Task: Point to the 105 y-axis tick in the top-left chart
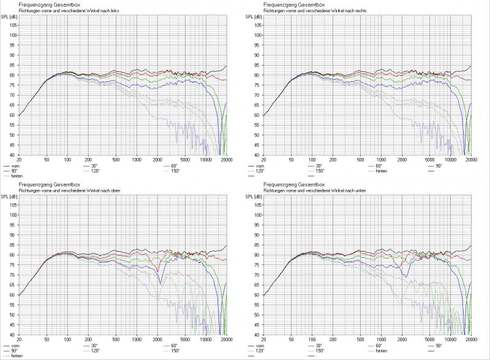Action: pyautogui.click(x=12, y=25)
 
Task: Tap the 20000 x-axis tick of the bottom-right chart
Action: pyautogui.click(x=470, y=339)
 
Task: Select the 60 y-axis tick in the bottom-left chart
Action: pyautogui.click(x=13, y=295)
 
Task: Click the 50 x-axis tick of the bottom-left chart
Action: pyautogui.click(x=47, y=339)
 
